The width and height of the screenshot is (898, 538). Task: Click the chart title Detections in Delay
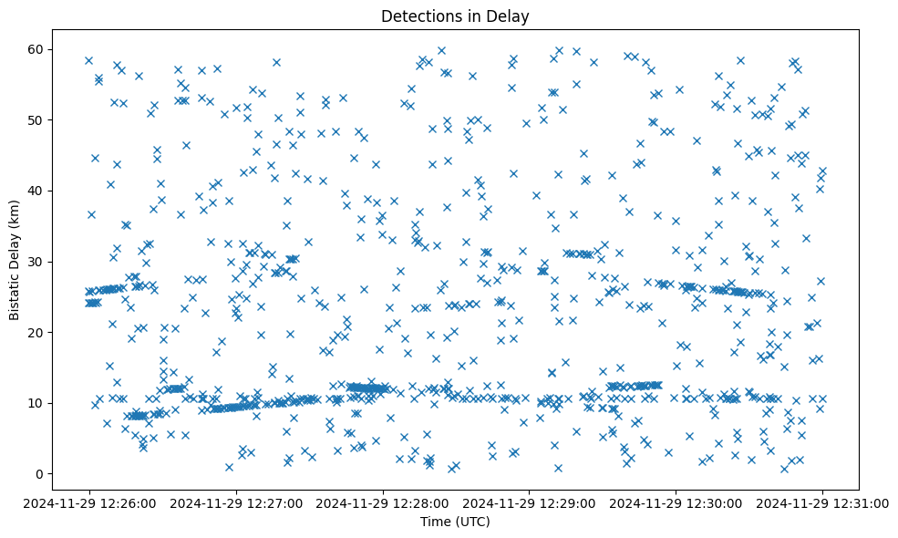455,16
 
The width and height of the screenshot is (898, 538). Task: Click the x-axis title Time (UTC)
455,522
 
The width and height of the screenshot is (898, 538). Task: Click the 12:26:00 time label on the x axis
89,502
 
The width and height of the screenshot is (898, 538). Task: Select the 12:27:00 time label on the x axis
236,502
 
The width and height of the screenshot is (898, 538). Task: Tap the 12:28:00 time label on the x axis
383,502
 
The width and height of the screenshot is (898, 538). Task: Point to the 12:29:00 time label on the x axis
530,502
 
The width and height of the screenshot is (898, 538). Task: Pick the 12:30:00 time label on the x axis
676,502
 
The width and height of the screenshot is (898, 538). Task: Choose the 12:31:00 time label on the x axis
823,502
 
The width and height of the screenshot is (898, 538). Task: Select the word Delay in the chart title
511,16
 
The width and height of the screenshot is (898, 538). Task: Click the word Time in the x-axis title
434,522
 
